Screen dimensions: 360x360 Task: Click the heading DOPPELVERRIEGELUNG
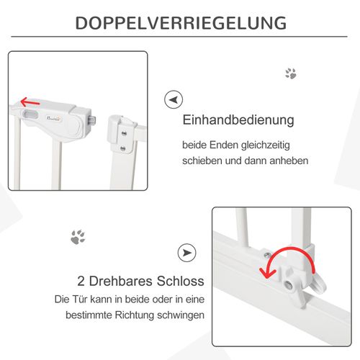click(x=180, y=22)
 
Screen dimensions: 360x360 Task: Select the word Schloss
click(x=181, y=279)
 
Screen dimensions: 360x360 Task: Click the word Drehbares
click(x=123, y=279)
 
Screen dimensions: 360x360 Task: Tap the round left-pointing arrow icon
click(x=171, y=99)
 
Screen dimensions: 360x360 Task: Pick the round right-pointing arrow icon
click(x=186, y=253)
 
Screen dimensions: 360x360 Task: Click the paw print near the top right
click(x=291, y=73)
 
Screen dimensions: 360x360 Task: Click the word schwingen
click(x=183, y=315)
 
